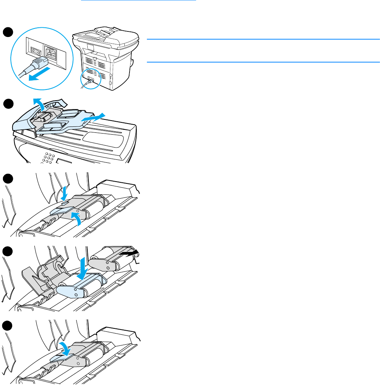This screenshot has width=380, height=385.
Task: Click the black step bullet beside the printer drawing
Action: coord(8,32)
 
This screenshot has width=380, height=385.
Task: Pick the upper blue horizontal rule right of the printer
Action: coord(263,39)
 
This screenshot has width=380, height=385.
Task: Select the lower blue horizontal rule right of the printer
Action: coord(263,62)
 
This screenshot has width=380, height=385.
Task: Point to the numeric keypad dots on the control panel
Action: coord(47,158)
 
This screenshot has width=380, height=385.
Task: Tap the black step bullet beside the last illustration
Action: coord(8,326)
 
